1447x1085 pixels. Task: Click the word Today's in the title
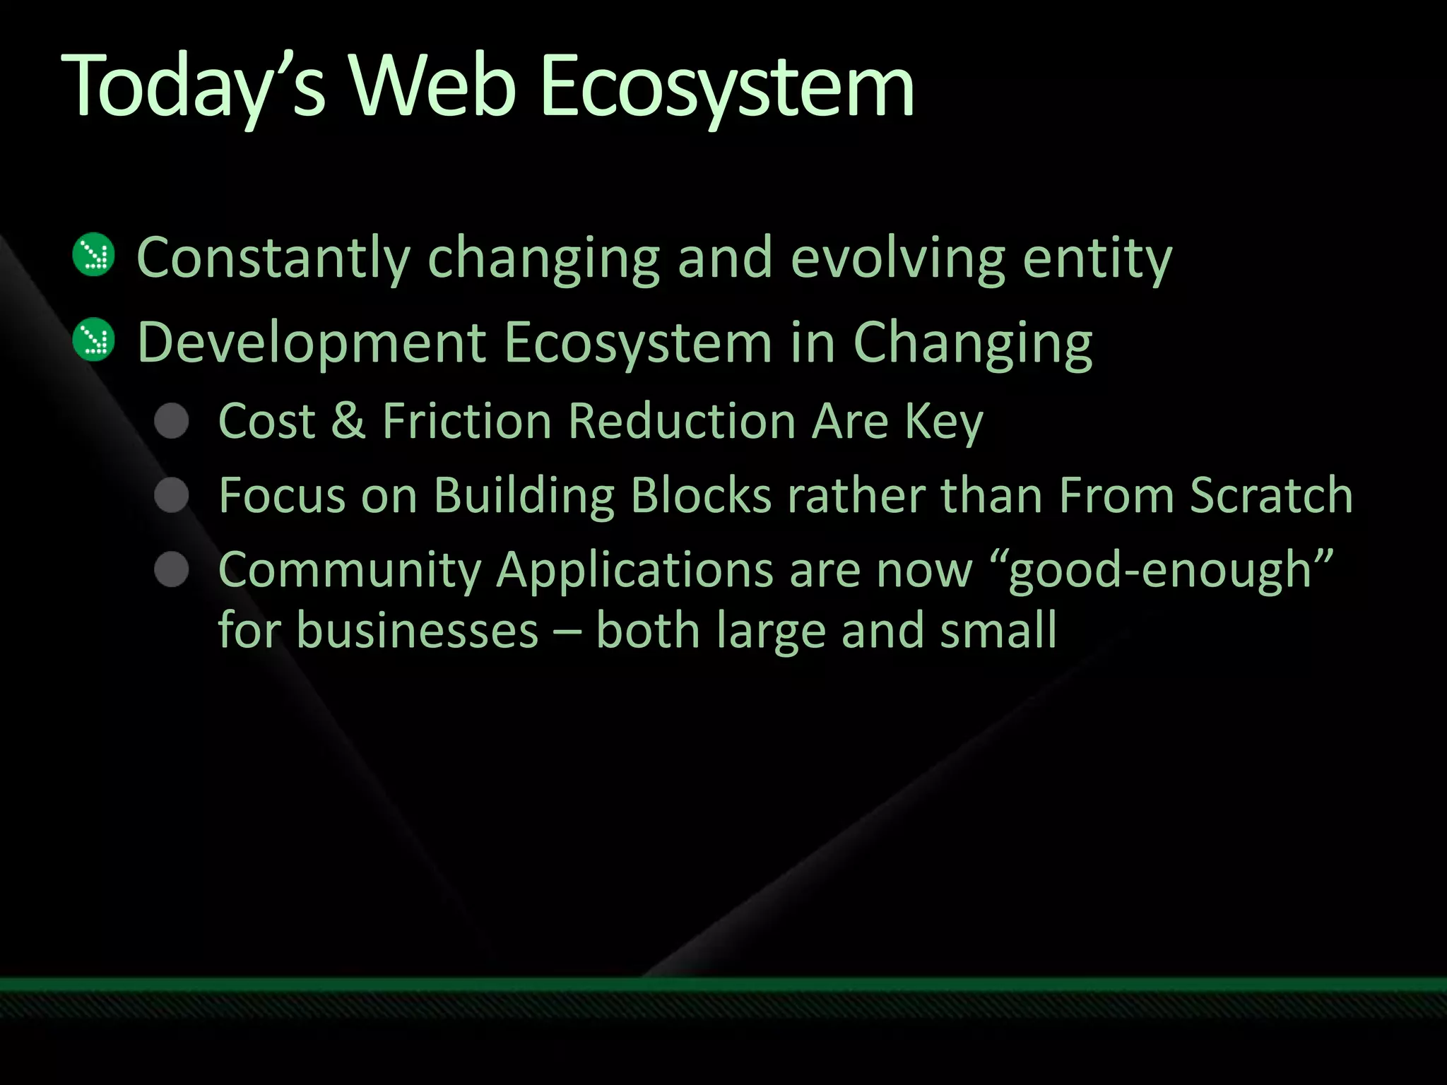click(194, 88)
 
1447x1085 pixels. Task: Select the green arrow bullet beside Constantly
click(93, 254)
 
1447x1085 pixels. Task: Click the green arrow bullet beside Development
click(93, 340)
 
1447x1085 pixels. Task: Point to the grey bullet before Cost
click(172, 421)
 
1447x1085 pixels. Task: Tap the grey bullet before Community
click(172, 569)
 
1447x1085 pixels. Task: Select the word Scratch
click(1271, 495)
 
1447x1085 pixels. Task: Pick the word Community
click(350, 571)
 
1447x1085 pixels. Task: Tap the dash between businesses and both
click(567, 632)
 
